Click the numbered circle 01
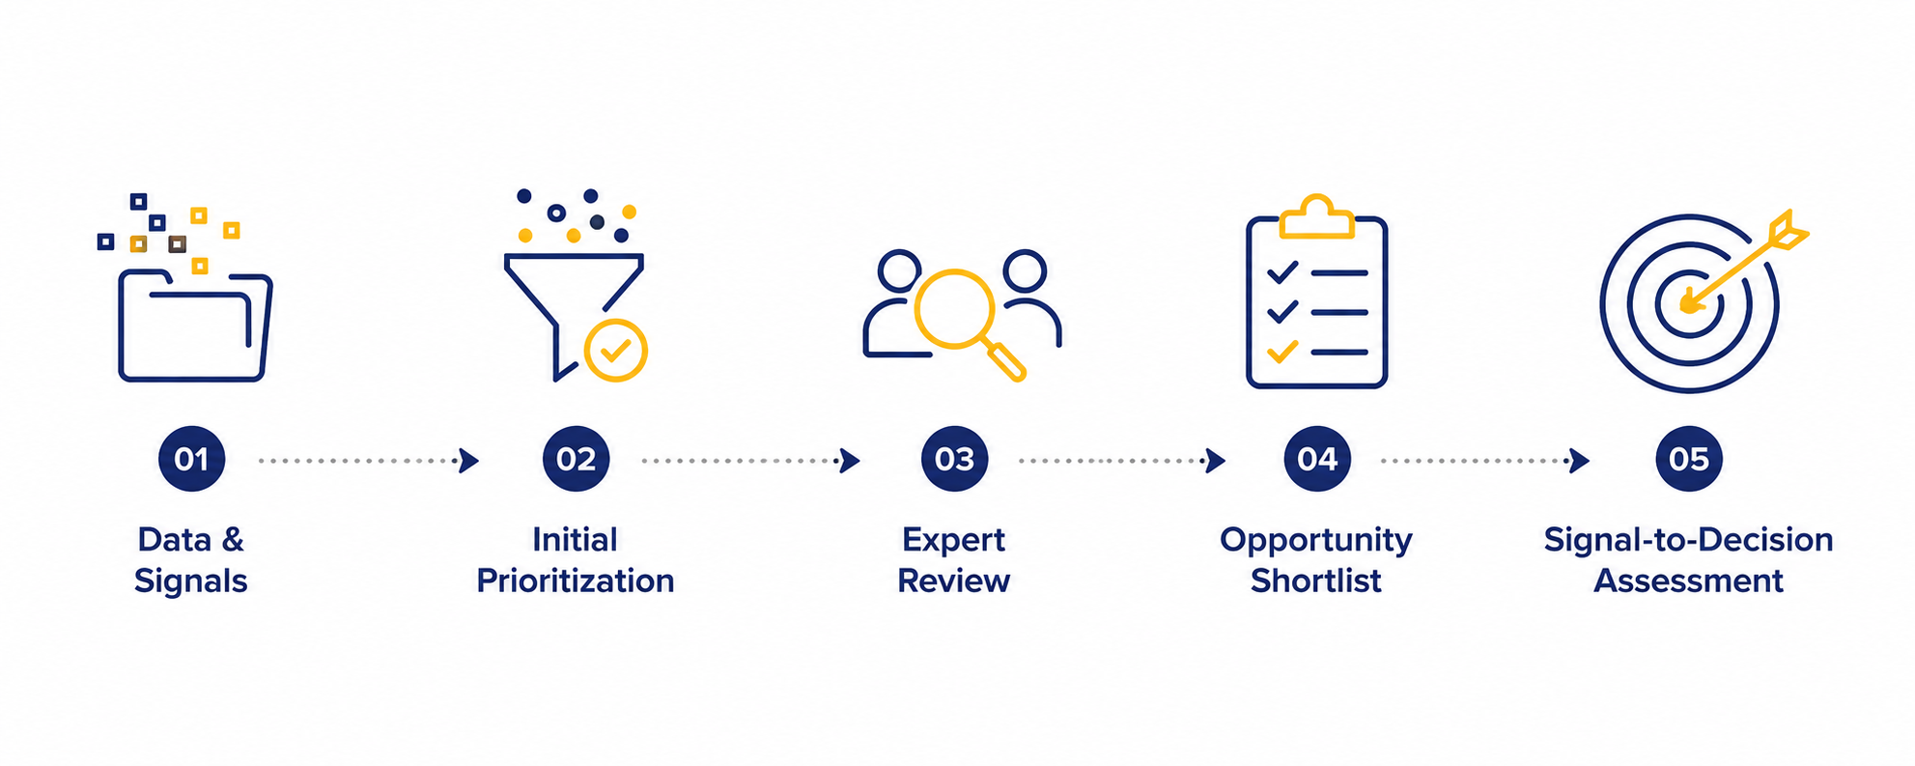click(x=191, y=459)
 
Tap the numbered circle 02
click(x=576, y=459)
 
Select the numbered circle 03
click(x=954, y=459)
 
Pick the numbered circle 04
click(x=1317, y=459)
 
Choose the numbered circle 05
click(x=1689, y=459)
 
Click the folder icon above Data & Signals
click(x=195, y=326)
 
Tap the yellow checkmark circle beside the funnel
click(x=616, y=351)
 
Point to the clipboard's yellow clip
click(x=1316, y=217)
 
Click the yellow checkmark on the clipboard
click(x=1282, y=352)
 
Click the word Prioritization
click(x=576, y=581)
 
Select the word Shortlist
click(x=1316, y=581)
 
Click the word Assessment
click(x=1689, y=581)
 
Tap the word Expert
click(x=954, y=540)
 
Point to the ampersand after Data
click(x=233, y=539)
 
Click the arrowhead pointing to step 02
click(x=468, y=461)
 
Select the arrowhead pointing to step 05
click(x=1579, y=461)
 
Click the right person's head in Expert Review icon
click(x=1025, y=270)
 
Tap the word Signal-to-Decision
click(x=1689, y=540)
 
